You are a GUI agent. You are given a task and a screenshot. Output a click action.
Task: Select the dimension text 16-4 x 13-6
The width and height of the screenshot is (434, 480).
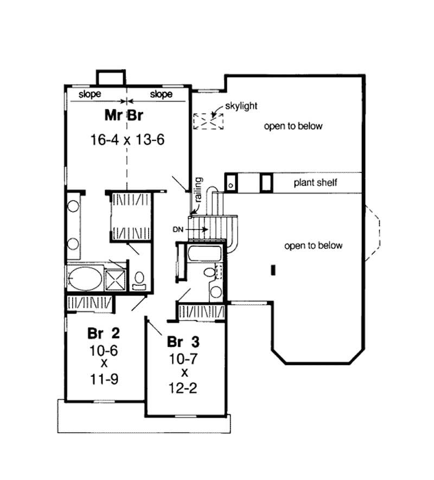(127, 139)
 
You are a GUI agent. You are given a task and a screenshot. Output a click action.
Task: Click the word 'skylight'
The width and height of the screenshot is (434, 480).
(242, 107)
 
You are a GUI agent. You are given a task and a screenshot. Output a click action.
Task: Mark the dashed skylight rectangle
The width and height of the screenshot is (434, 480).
(209, 121)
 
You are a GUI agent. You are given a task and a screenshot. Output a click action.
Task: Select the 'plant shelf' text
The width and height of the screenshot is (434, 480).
(316, 182)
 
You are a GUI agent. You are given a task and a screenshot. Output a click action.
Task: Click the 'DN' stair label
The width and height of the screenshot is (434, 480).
(178, 229)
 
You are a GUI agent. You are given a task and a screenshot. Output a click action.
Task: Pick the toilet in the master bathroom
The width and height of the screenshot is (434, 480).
(139, 279)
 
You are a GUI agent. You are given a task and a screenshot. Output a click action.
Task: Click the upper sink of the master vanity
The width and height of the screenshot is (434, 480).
(73, 207)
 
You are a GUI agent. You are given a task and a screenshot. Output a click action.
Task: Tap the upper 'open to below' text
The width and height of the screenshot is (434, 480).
(293, 126)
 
